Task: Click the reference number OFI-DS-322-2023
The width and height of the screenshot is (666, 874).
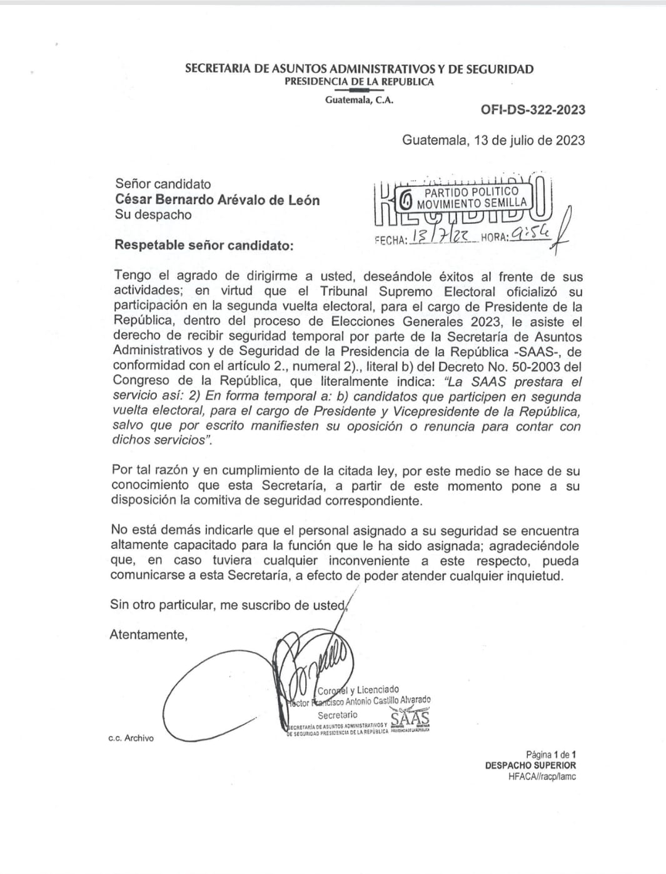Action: point(533,110)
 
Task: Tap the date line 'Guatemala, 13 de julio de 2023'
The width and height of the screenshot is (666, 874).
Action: point(493,139)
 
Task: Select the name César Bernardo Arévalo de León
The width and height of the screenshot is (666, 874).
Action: point(217,200)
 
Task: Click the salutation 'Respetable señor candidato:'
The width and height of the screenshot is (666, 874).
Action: point(203,245)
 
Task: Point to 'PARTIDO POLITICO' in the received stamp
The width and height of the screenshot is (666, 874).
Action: point(471,191)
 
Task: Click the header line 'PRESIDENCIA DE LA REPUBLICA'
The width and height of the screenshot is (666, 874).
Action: point(359,82)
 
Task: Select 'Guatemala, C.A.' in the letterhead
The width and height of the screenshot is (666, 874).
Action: point(359,100)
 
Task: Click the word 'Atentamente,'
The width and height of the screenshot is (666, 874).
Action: point(148,635)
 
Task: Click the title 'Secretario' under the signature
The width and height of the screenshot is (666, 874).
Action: point(338,715)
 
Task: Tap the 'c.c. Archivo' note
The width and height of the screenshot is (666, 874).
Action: point(131,738)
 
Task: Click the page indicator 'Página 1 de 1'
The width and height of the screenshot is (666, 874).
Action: point(550,755)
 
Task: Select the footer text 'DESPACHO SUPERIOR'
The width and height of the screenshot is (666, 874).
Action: point(530,765)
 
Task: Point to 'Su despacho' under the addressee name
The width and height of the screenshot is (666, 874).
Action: point(153,215)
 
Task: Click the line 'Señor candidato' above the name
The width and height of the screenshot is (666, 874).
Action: point(163,184)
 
